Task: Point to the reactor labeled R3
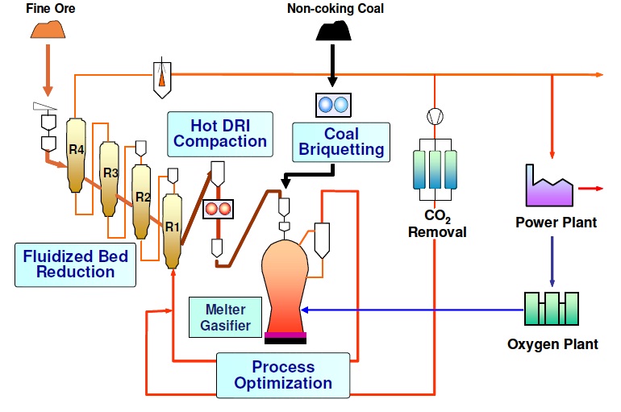pyautogui.click(x=110, y=177)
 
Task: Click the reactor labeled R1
pyautogui.click(x=173, y=229)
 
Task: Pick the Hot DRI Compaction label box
pyautogui.click(x=220, y=133)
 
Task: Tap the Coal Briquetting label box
pyautogui.click(x=340, y=142)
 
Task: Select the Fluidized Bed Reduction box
pyautogui.click(x=75, y=264)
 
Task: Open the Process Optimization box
pyautogui.click(x=282, y=375)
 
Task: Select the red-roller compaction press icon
pyautogui.click(x=218, y=208)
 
